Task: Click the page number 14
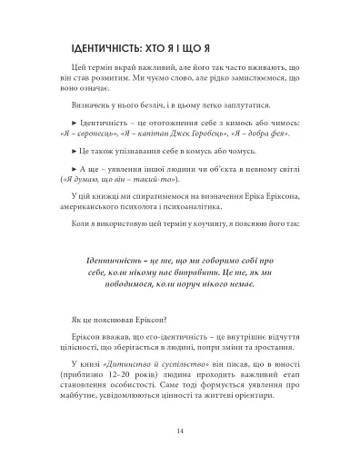180,431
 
